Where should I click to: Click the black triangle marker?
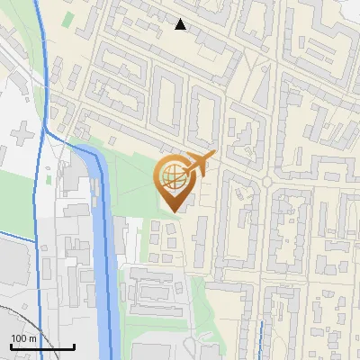click(x=181, y=24)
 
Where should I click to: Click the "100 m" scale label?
click(x=23, y=338)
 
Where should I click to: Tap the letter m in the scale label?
click(x=32, y=338)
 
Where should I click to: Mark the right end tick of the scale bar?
click(x=74, y=346)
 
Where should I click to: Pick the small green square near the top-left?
click(x=69, y=19)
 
